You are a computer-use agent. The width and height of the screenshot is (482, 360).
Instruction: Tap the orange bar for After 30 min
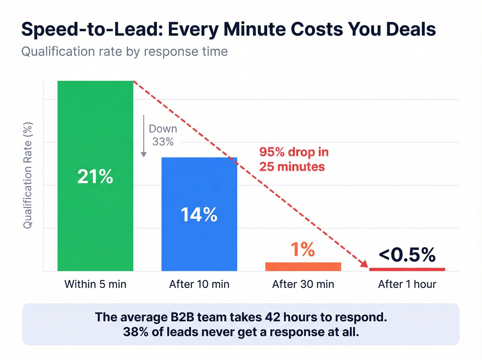click(303, 267)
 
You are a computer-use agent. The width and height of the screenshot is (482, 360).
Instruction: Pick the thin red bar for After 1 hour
click(407, 269)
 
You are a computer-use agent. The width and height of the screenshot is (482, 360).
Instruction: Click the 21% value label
click(95, 176)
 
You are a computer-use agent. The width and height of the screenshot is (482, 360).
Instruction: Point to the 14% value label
click(199, 215)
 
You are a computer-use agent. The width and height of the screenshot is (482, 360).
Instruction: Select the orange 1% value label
click(303, 249)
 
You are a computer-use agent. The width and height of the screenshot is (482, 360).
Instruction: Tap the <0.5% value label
click(407, 255)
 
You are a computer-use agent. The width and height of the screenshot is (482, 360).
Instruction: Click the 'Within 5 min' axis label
click(95, 284)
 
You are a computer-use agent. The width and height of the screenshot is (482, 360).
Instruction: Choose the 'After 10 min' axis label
click(199, 284)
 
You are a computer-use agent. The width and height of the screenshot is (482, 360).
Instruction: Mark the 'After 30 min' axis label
click(303, 284)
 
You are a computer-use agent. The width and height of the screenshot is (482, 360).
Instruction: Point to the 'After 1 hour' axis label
click(407, 284)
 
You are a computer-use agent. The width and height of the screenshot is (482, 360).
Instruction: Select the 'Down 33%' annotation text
click(163, 135)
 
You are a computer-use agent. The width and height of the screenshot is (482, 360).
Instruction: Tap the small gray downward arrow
click(144, 136)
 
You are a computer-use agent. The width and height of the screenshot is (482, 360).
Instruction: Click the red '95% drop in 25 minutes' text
click(294, 159)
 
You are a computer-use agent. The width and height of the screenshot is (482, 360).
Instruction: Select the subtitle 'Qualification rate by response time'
click(124, 52)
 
